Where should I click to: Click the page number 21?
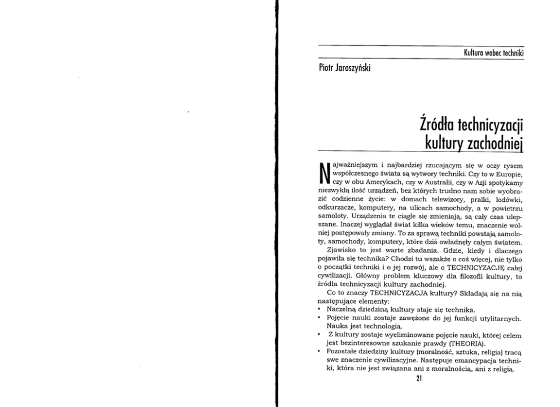click(419, 379)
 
